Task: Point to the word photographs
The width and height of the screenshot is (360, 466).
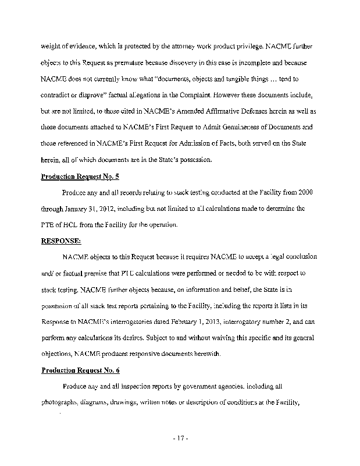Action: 59,401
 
